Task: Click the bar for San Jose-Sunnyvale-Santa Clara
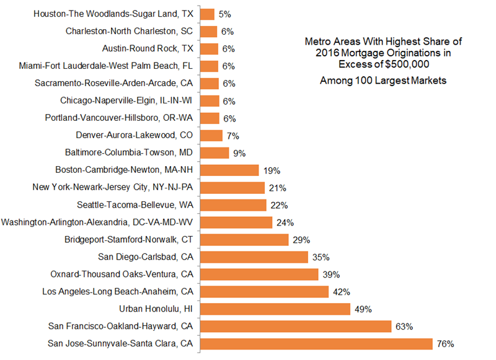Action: pos(316,343)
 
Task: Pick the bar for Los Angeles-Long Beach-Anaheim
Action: pos(264,291)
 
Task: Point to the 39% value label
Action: pos(330,274)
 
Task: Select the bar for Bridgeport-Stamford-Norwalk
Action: pos(244,239)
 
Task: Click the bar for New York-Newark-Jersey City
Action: pos(232,187)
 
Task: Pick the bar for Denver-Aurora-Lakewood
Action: pos(211,135)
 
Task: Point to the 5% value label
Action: pos(226,14)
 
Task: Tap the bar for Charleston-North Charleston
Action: pos(209,31)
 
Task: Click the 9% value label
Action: pos(239,152)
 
